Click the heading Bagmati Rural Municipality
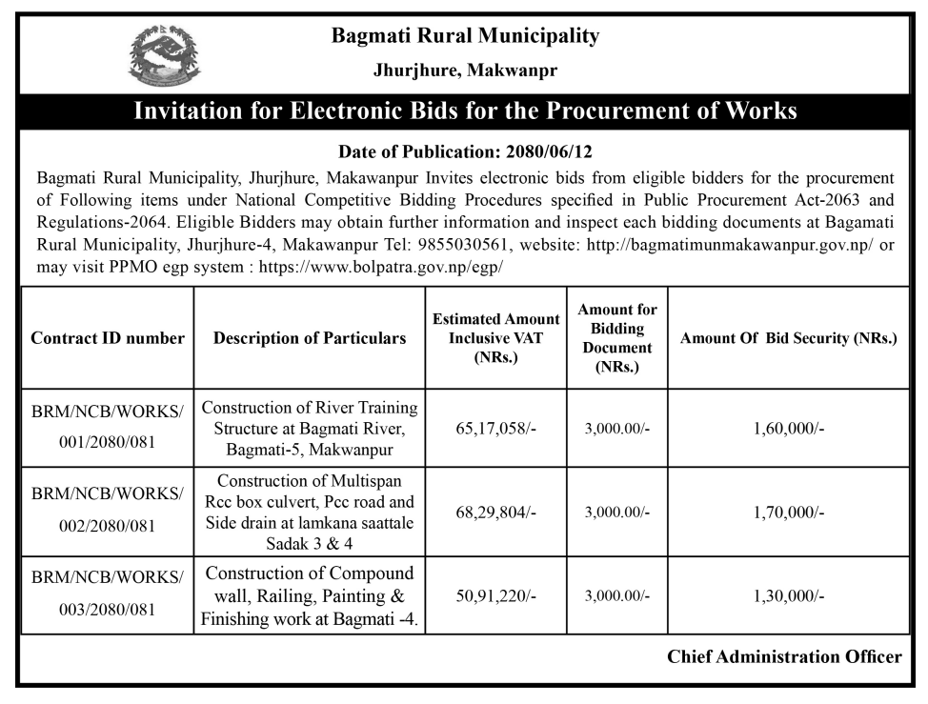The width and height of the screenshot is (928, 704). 465,36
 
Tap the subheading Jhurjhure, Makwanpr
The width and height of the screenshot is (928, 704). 465,70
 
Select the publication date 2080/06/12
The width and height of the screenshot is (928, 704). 546,151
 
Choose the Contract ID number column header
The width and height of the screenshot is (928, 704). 108,338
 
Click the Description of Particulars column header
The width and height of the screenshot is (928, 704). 310,338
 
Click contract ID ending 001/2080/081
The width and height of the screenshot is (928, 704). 108,442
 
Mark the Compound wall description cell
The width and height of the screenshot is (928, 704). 310,596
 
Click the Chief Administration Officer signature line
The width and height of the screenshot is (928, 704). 783,656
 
